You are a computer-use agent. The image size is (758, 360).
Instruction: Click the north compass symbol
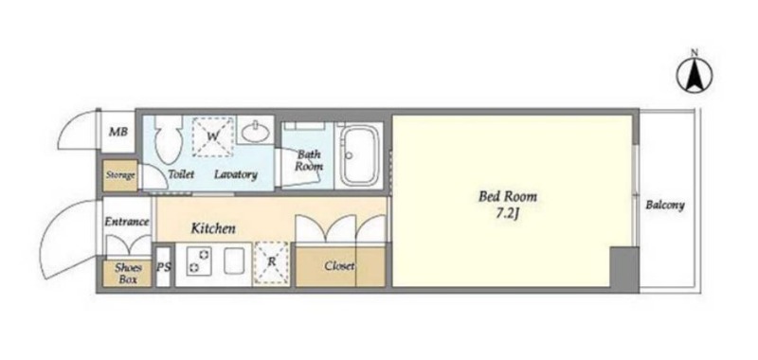click(x=695, y=75)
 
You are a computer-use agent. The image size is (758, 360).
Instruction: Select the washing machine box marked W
click(x=212, y=136)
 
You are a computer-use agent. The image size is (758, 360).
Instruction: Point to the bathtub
click(x=359, y=155)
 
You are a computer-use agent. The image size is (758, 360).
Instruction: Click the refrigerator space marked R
click(x=271, y=262)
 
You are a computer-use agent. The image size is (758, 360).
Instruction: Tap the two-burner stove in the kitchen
click(x=199, y=261)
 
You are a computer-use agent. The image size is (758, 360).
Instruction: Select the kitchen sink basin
click(x=235, y=261)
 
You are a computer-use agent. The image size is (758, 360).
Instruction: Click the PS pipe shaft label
click(x=164, y=267)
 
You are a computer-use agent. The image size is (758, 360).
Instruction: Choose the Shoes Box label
click(x=128, y=274)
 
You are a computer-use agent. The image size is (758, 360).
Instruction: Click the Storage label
click(x=120, y=175)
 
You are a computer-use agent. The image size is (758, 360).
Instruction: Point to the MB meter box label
click(x=117, y=132)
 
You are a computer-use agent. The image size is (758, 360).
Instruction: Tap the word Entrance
click(x=127, y=222)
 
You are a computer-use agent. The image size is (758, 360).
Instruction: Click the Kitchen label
click(x=213, y=228)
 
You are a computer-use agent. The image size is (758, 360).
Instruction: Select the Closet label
click(x=339, y=266)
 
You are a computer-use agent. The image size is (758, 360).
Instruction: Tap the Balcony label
click(x=665, y=205)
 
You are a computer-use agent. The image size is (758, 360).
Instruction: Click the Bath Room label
click(x=310, y=161)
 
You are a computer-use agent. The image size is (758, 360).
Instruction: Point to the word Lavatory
click(x=235, y=174)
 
